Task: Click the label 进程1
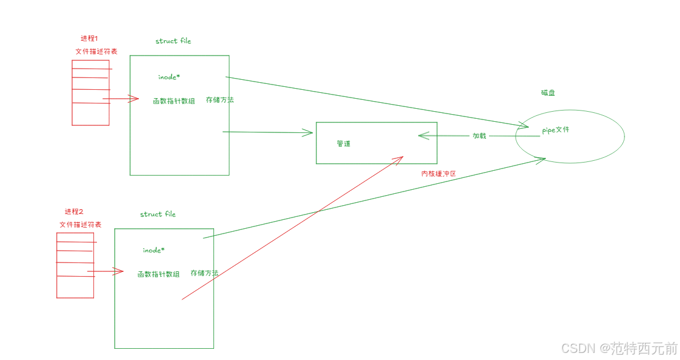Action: click(89, 39)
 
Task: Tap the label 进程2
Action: click(74, 212)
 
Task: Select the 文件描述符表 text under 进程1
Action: click(96, 51)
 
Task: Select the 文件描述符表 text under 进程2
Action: click(80, 225)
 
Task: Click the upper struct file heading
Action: click(173, 41)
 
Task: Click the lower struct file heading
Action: click(158, 214)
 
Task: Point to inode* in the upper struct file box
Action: click(169, 77)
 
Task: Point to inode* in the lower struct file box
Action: click(154, 250)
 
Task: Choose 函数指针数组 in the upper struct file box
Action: click(174, 101)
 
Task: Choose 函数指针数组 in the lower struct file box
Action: click(158, 274)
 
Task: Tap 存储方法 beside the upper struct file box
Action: click(220, 100)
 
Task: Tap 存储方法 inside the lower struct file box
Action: click(205, 273)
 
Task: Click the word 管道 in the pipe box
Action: click(344, 144)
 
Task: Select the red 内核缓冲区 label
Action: click(439, 174)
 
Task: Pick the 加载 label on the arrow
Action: click(479, 136)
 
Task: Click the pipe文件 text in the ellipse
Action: click(556, 130)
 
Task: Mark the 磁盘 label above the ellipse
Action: click(548, 93)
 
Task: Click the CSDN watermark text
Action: click(619, 348)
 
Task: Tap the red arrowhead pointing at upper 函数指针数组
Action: click(135, 99)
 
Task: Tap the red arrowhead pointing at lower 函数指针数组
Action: click(119, 271)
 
